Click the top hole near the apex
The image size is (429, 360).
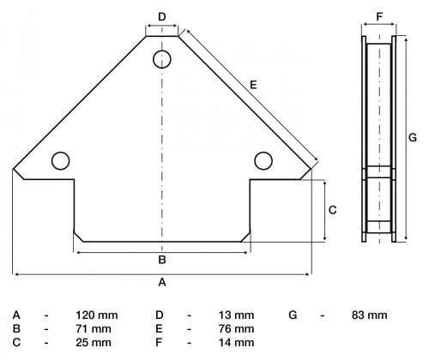(x=162, y=59)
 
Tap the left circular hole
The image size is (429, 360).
(x=60, y=159)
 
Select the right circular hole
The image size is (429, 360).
(x=263, y=159)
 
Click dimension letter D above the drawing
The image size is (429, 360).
(x=162, y=16)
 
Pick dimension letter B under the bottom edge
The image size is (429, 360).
(x=162, y=260)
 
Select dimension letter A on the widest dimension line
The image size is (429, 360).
(x=162, y=281)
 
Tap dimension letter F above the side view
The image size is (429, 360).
(x=378, y=16)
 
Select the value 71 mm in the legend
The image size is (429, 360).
(x=92, y=329)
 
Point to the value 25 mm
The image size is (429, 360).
(x=92, y=343)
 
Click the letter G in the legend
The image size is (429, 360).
(x=293, y=315)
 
